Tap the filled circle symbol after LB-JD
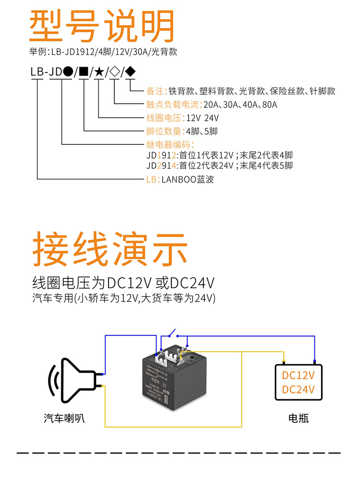pyautogui.click(x=68, y=72)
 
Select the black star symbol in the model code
pyautogui.click(x=99, y=72)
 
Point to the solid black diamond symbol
pyautogui.click(x=130, y=72)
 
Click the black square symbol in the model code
pyautogui.click(x=84, y=72)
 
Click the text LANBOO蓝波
pyautogui.click(x=188, y=180)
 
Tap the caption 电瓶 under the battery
pyautogui.click(x=298, y=418)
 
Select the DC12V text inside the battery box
pyautogui.click(x=298, y=375)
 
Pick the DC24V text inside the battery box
pyautogui.click(x=298, y=390)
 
